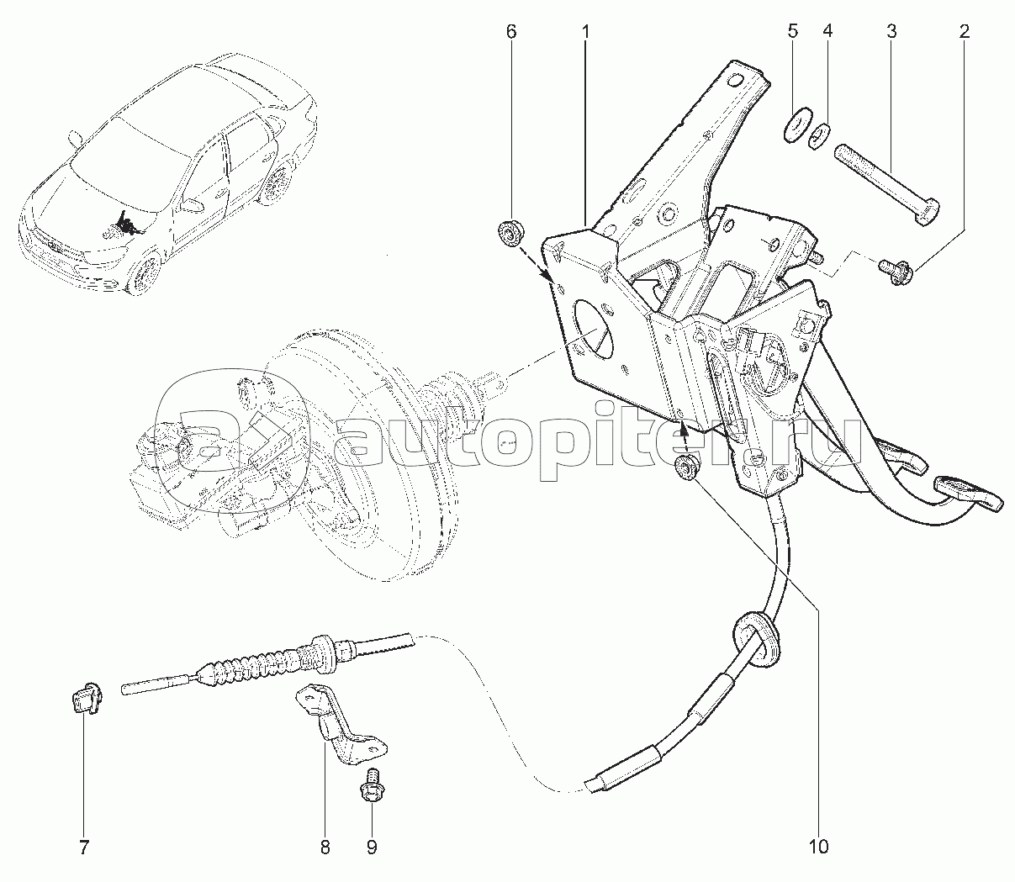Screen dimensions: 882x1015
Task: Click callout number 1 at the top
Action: pos(585,32)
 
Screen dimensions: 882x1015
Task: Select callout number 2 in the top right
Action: pos(964,32)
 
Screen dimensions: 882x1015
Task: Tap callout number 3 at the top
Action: pos(891,32)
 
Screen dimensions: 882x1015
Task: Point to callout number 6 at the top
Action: pos(510,32)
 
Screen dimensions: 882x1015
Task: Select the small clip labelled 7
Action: pos(84,700)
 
